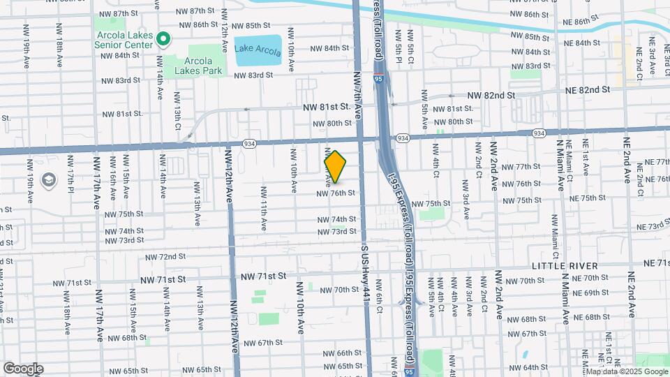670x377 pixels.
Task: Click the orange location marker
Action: click(x=335, y=167)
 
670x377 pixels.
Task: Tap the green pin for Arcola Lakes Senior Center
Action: click(x=163, y=39)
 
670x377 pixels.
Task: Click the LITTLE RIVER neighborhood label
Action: click(x=565, y=266)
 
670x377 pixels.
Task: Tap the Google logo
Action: click(x=23, y=369)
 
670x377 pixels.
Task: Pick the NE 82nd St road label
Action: click(x=584, y=90)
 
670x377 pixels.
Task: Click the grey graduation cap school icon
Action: click(x=49, y=181)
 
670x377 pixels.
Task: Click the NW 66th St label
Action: click(x=339, y=353)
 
